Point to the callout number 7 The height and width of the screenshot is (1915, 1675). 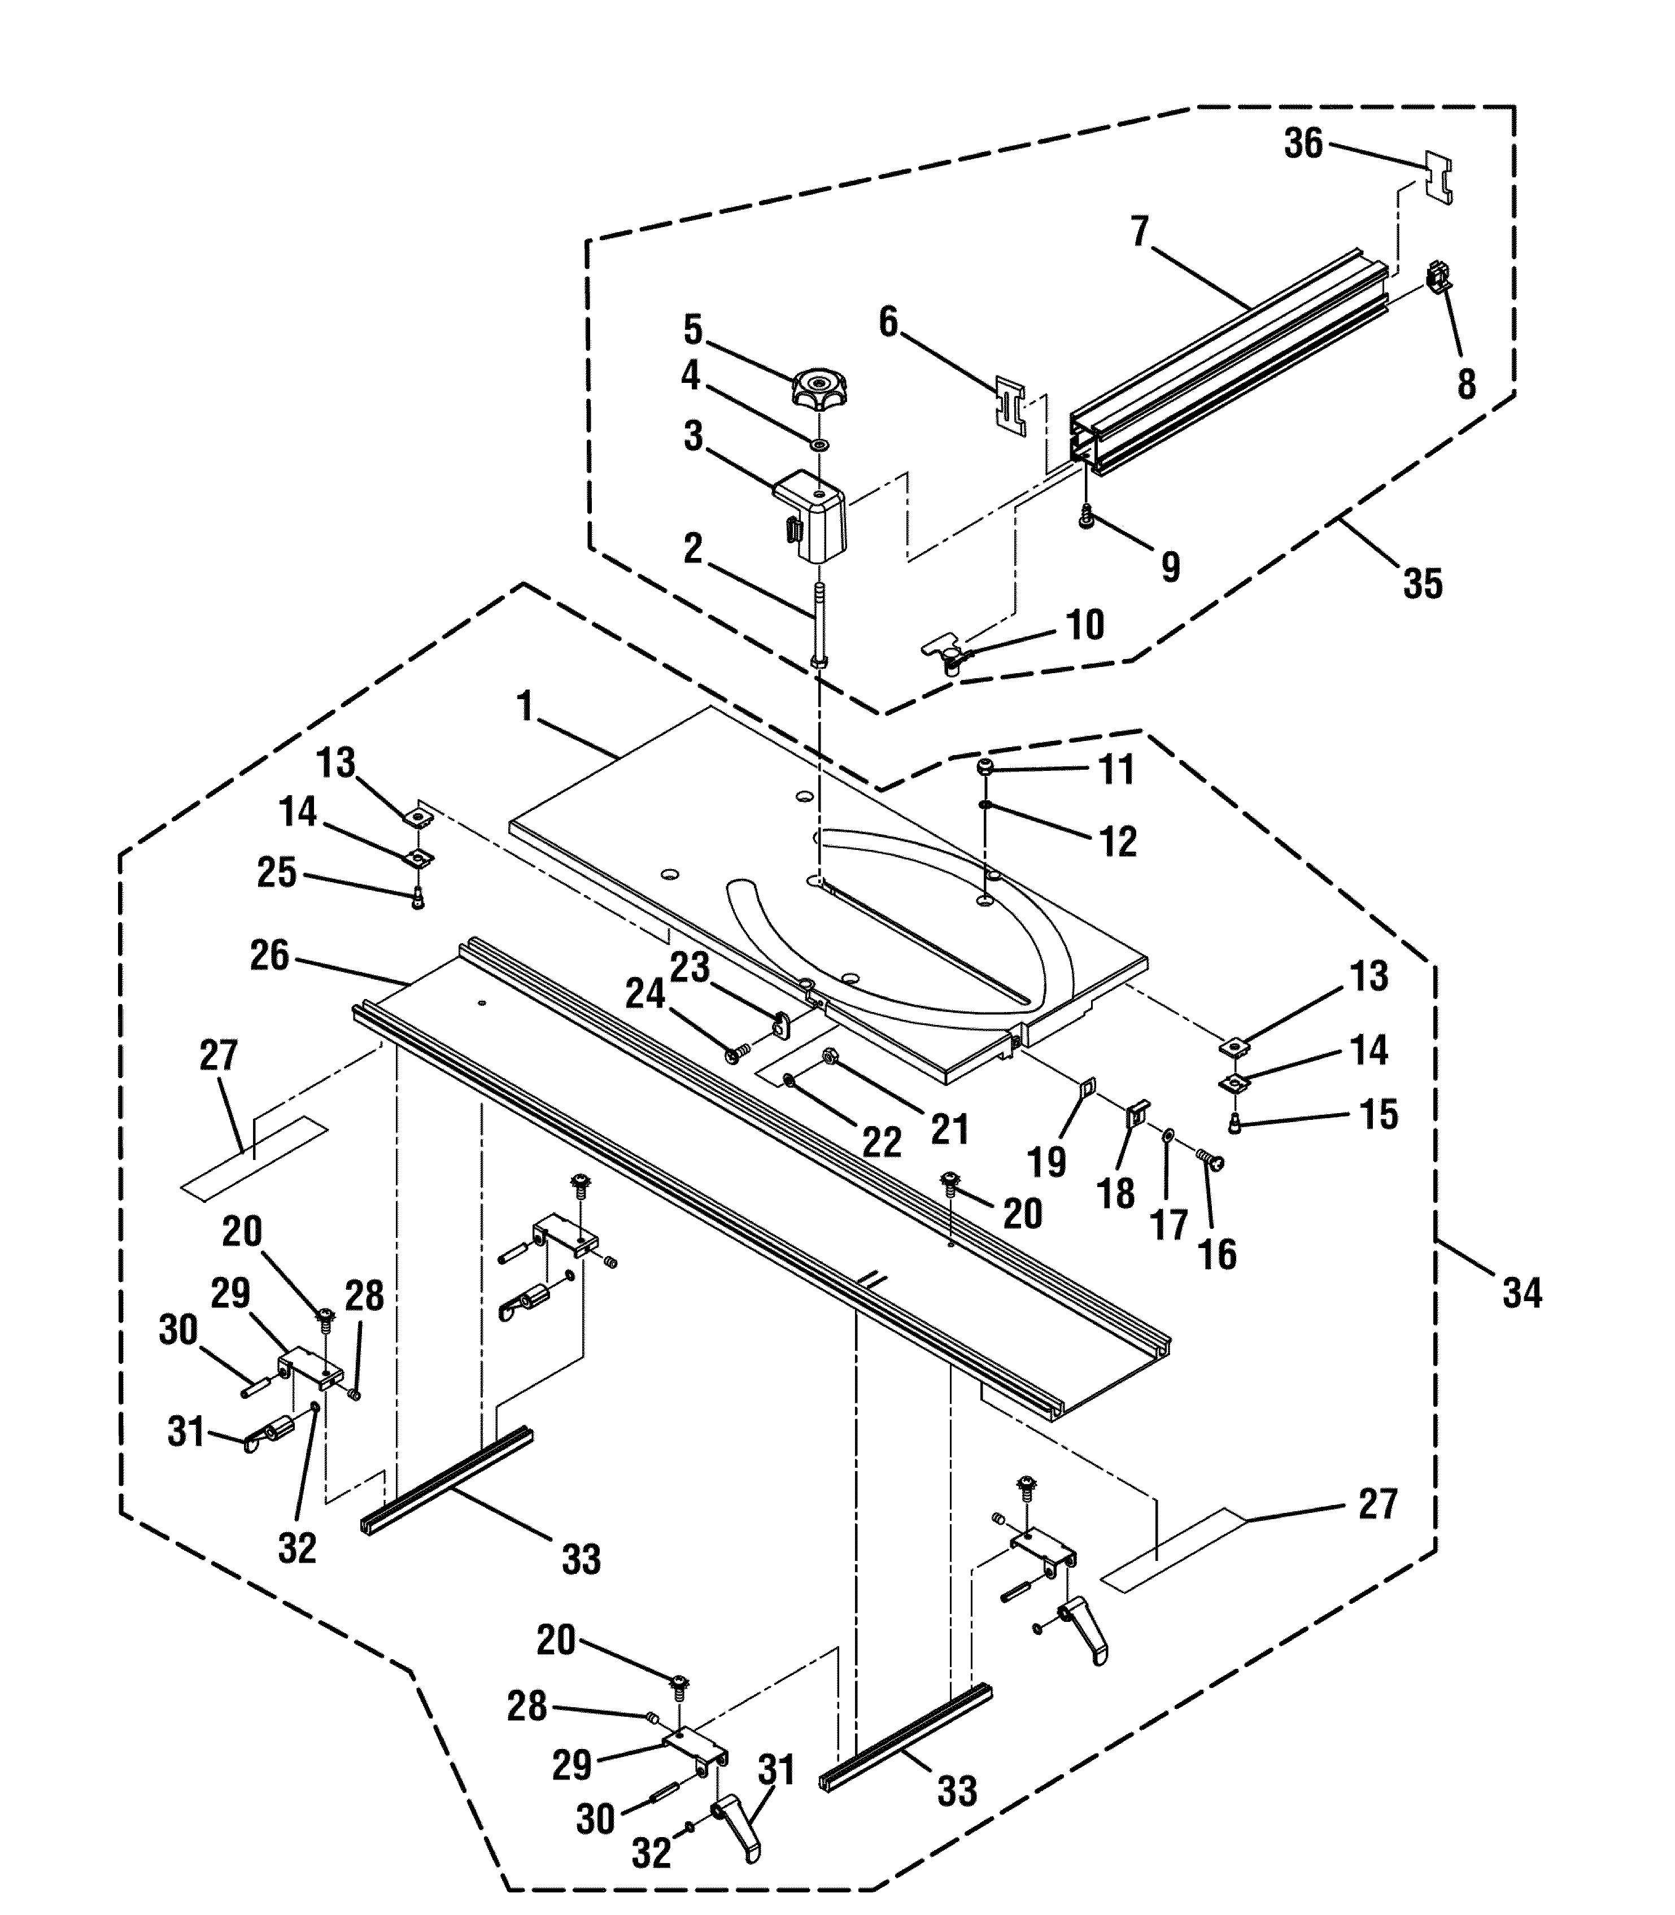click(1140, 231)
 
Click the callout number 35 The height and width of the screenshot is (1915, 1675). click(1423, 583)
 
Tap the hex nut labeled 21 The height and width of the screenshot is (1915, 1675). click(828, 1057)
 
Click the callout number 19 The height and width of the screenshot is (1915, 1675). click(1047, 1163)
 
